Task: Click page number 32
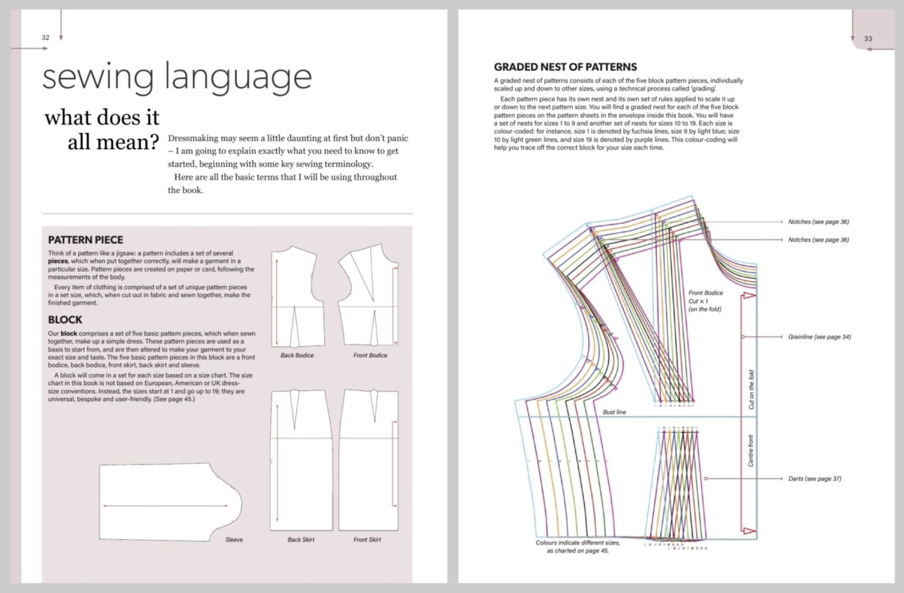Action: (45, 38)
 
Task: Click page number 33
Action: (868, 39)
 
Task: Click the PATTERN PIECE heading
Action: (85, 240)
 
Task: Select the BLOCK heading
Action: (65, 320)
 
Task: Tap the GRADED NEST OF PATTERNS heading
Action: (565, 67)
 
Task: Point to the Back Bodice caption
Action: (297, 356)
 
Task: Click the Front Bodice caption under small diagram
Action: (370, 356)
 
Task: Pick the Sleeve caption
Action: (234, 540)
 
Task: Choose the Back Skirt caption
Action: (301, 540)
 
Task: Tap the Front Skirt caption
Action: (367, 540)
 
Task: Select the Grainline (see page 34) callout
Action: (819, 337)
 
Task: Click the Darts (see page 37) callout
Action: (815, 479)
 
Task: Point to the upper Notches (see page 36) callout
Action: (818, 222)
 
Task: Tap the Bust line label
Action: (614, 412)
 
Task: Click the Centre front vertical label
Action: (751, 451)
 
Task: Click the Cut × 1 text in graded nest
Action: (699, 301)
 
